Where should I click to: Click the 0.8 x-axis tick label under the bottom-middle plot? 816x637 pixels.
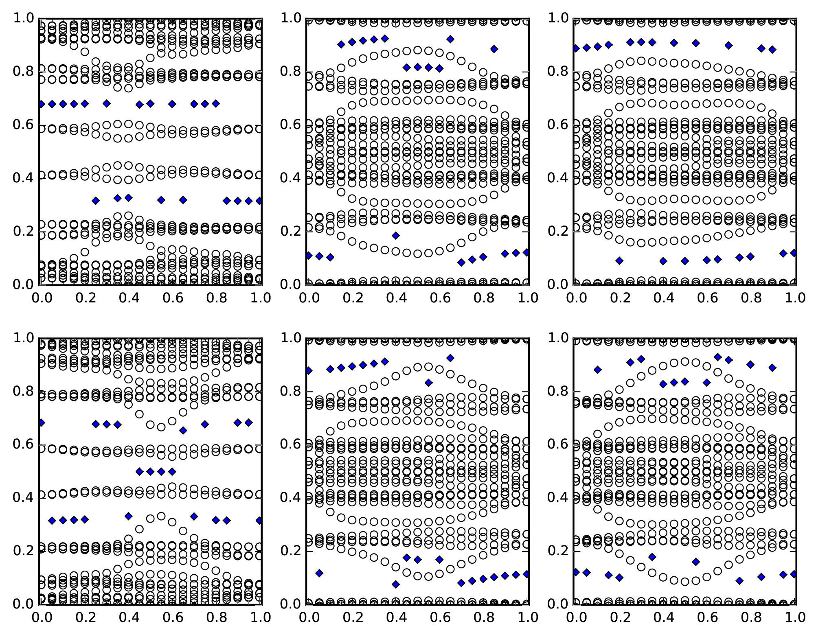pos(484,618)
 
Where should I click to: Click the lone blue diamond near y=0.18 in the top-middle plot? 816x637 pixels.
pos(396,236)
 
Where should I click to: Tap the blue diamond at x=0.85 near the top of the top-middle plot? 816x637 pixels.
pos(494,49)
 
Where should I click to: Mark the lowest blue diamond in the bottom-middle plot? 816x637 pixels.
pos(396,584)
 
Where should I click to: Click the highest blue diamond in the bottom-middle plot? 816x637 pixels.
pos(450,358)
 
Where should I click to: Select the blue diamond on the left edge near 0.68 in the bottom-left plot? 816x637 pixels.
pos(41,423)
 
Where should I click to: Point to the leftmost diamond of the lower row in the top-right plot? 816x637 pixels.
pos(619,260)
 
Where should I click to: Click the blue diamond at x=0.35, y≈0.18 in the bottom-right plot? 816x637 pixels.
pos(652,557)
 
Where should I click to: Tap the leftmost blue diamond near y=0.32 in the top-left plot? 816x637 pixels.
pos(96,201)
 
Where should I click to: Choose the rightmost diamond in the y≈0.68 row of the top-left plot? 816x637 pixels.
pos(216,104)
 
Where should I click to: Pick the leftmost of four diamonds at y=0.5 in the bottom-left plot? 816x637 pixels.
pos(140,472)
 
